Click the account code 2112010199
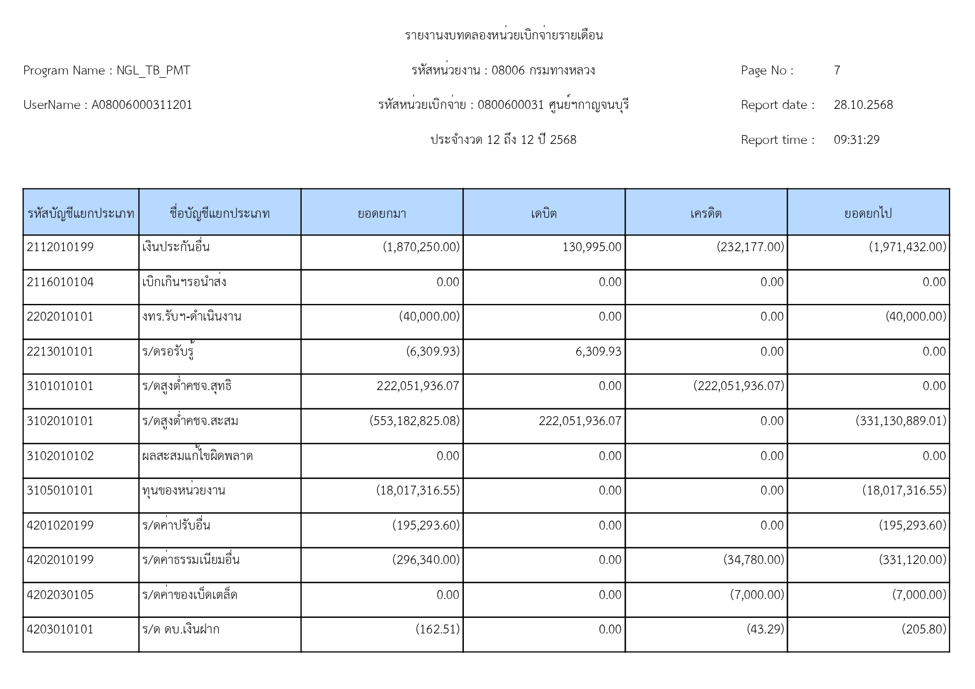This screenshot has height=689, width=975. [x=60, y=247]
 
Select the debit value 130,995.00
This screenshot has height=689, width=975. [x=592, y=247]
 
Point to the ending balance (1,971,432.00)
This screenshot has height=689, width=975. [x=907, y=247]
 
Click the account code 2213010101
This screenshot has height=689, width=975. [x=60, y=352]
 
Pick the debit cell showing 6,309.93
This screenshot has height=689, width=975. [x=598, y=352]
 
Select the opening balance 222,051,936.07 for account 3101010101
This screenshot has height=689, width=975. [x=418, y=386]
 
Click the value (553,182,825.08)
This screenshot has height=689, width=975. [x=414, y=421]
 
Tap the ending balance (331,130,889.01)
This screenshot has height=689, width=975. [x=901, y=421]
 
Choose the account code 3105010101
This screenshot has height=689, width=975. [x=60, y=491]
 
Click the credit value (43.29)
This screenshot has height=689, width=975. [x=765, y=630]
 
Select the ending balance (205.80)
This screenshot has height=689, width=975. [x=923, y=630]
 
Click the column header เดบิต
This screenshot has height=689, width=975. [x=543, y=213]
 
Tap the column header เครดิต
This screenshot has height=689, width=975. [x=706, y=213]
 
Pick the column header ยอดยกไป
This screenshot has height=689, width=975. [x=868, y=213]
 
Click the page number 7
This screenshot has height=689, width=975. [x=837, y=71]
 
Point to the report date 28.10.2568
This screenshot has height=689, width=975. [x=863, y=105]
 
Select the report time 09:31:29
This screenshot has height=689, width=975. [x=856, y=140]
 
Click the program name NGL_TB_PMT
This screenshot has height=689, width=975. [x=153, y=71]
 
